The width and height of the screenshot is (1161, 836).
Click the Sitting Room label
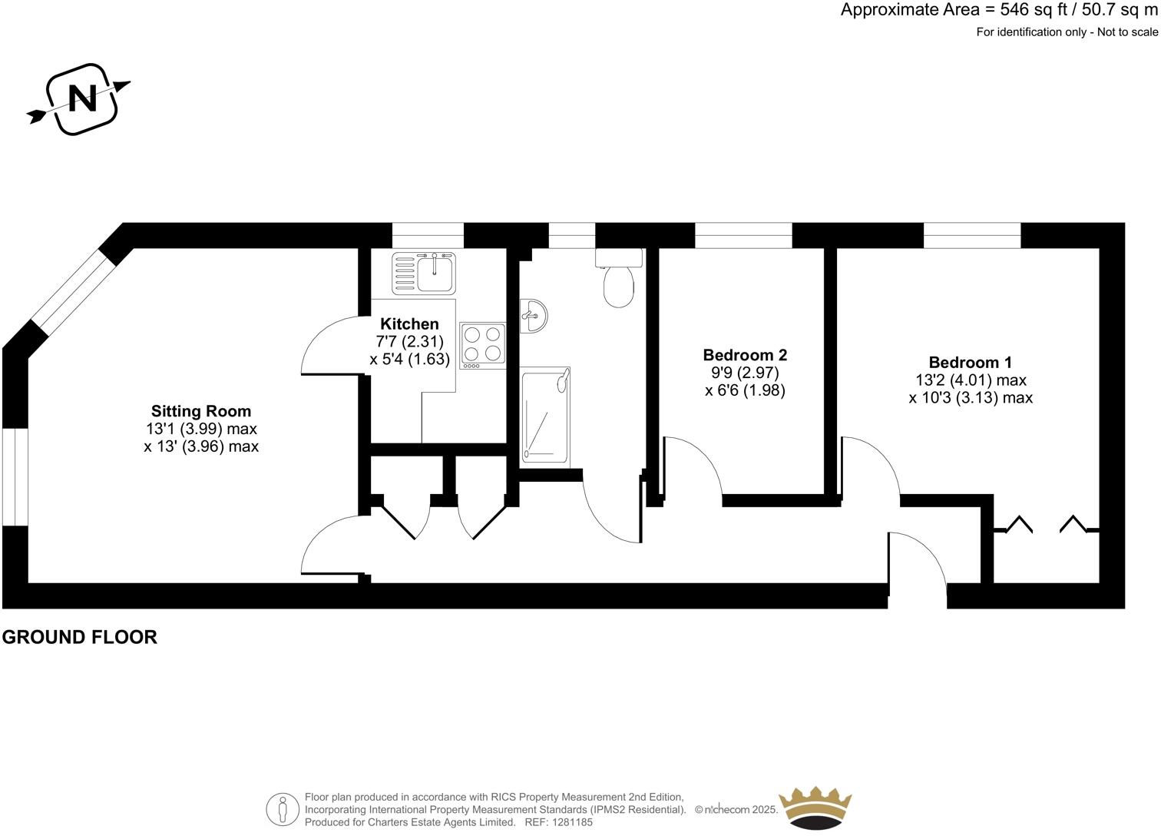(200, 411)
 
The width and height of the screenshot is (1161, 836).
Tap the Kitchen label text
(409, 324)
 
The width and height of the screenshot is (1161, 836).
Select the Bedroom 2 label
(745, 355)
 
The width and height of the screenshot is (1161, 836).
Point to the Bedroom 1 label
(970, 363)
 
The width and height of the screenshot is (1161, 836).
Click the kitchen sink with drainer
(424, 273)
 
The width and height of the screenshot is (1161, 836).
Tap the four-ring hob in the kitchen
(482, 344)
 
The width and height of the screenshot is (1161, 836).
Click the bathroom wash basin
(534, 315)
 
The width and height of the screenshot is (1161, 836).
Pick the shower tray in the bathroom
(545, 416)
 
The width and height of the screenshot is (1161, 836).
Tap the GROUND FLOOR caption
(80, 637)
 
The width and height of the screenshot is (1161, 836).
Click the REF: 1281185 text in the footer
(558, 822)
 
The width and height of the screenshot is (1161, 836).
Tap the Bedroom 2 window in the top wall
(743, 235)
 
